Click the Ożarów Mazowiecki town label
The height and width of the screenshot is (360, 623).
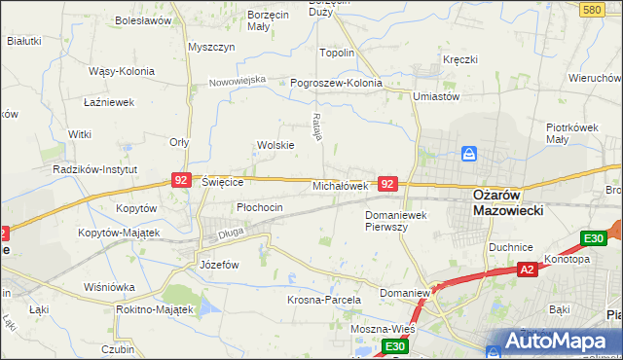(507, 201)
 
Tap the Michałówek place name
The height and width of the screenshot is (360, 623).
(340, 185)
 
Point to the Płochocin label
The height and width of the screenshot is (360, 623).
(260, 207)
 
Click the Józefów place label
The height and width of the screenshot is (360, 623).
(219, 264)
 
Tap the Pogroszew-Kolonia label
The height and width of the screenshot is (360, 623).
(337, 83)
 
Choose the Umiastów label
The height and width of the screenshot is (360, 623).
(435, 96)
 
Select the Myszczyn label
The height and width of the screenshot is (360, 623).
(211, 47)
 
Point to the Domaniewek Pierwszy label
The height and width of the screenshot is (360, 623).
(399, 220)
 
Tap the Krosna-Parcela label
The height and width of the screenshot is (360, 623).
(324, 300)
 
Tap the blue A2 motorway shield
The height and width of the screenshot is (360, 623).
(527, 270)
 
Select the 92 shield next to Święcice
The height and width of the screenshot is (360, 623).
(181, 180)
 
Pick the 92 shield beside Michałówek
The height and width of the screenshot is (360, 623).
(388, 183)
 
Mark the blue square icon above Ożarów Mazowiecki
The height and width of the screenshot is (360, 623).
(469, 154)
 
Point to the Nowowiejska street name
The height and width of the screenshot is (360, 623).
(238, 80)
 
